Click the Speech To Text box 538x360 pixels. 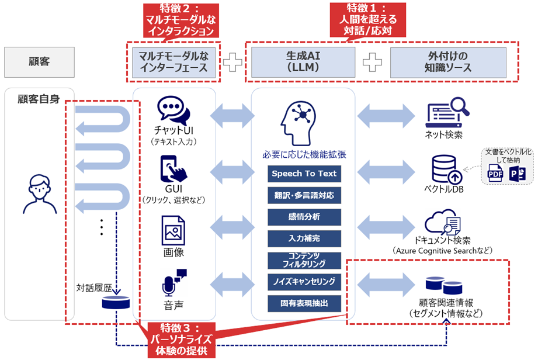[x=303, y=174]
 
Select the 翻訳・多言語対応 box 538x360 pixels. [x=303, y=195]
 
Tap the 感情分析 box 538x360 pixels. [x=303, y=217]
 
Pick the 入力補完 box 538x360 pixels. [x=303, y=238]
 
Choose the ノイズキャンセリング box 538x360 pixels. [x=303, y=282]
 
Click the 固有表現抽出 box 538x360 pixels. [x=303, y=303]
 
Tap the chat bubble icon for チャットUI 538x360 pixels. [x=174, y=112]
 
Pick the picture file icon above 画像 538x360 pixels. [x=173, y=230]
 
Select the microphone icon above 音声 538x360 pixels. [x=173, y=283]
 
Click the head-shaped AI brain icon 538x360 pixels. [x=303, y=123]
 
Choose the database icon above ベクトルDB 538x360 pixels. [x=445, y=169]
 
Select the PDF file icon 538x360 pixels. [x=494, y=174]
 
